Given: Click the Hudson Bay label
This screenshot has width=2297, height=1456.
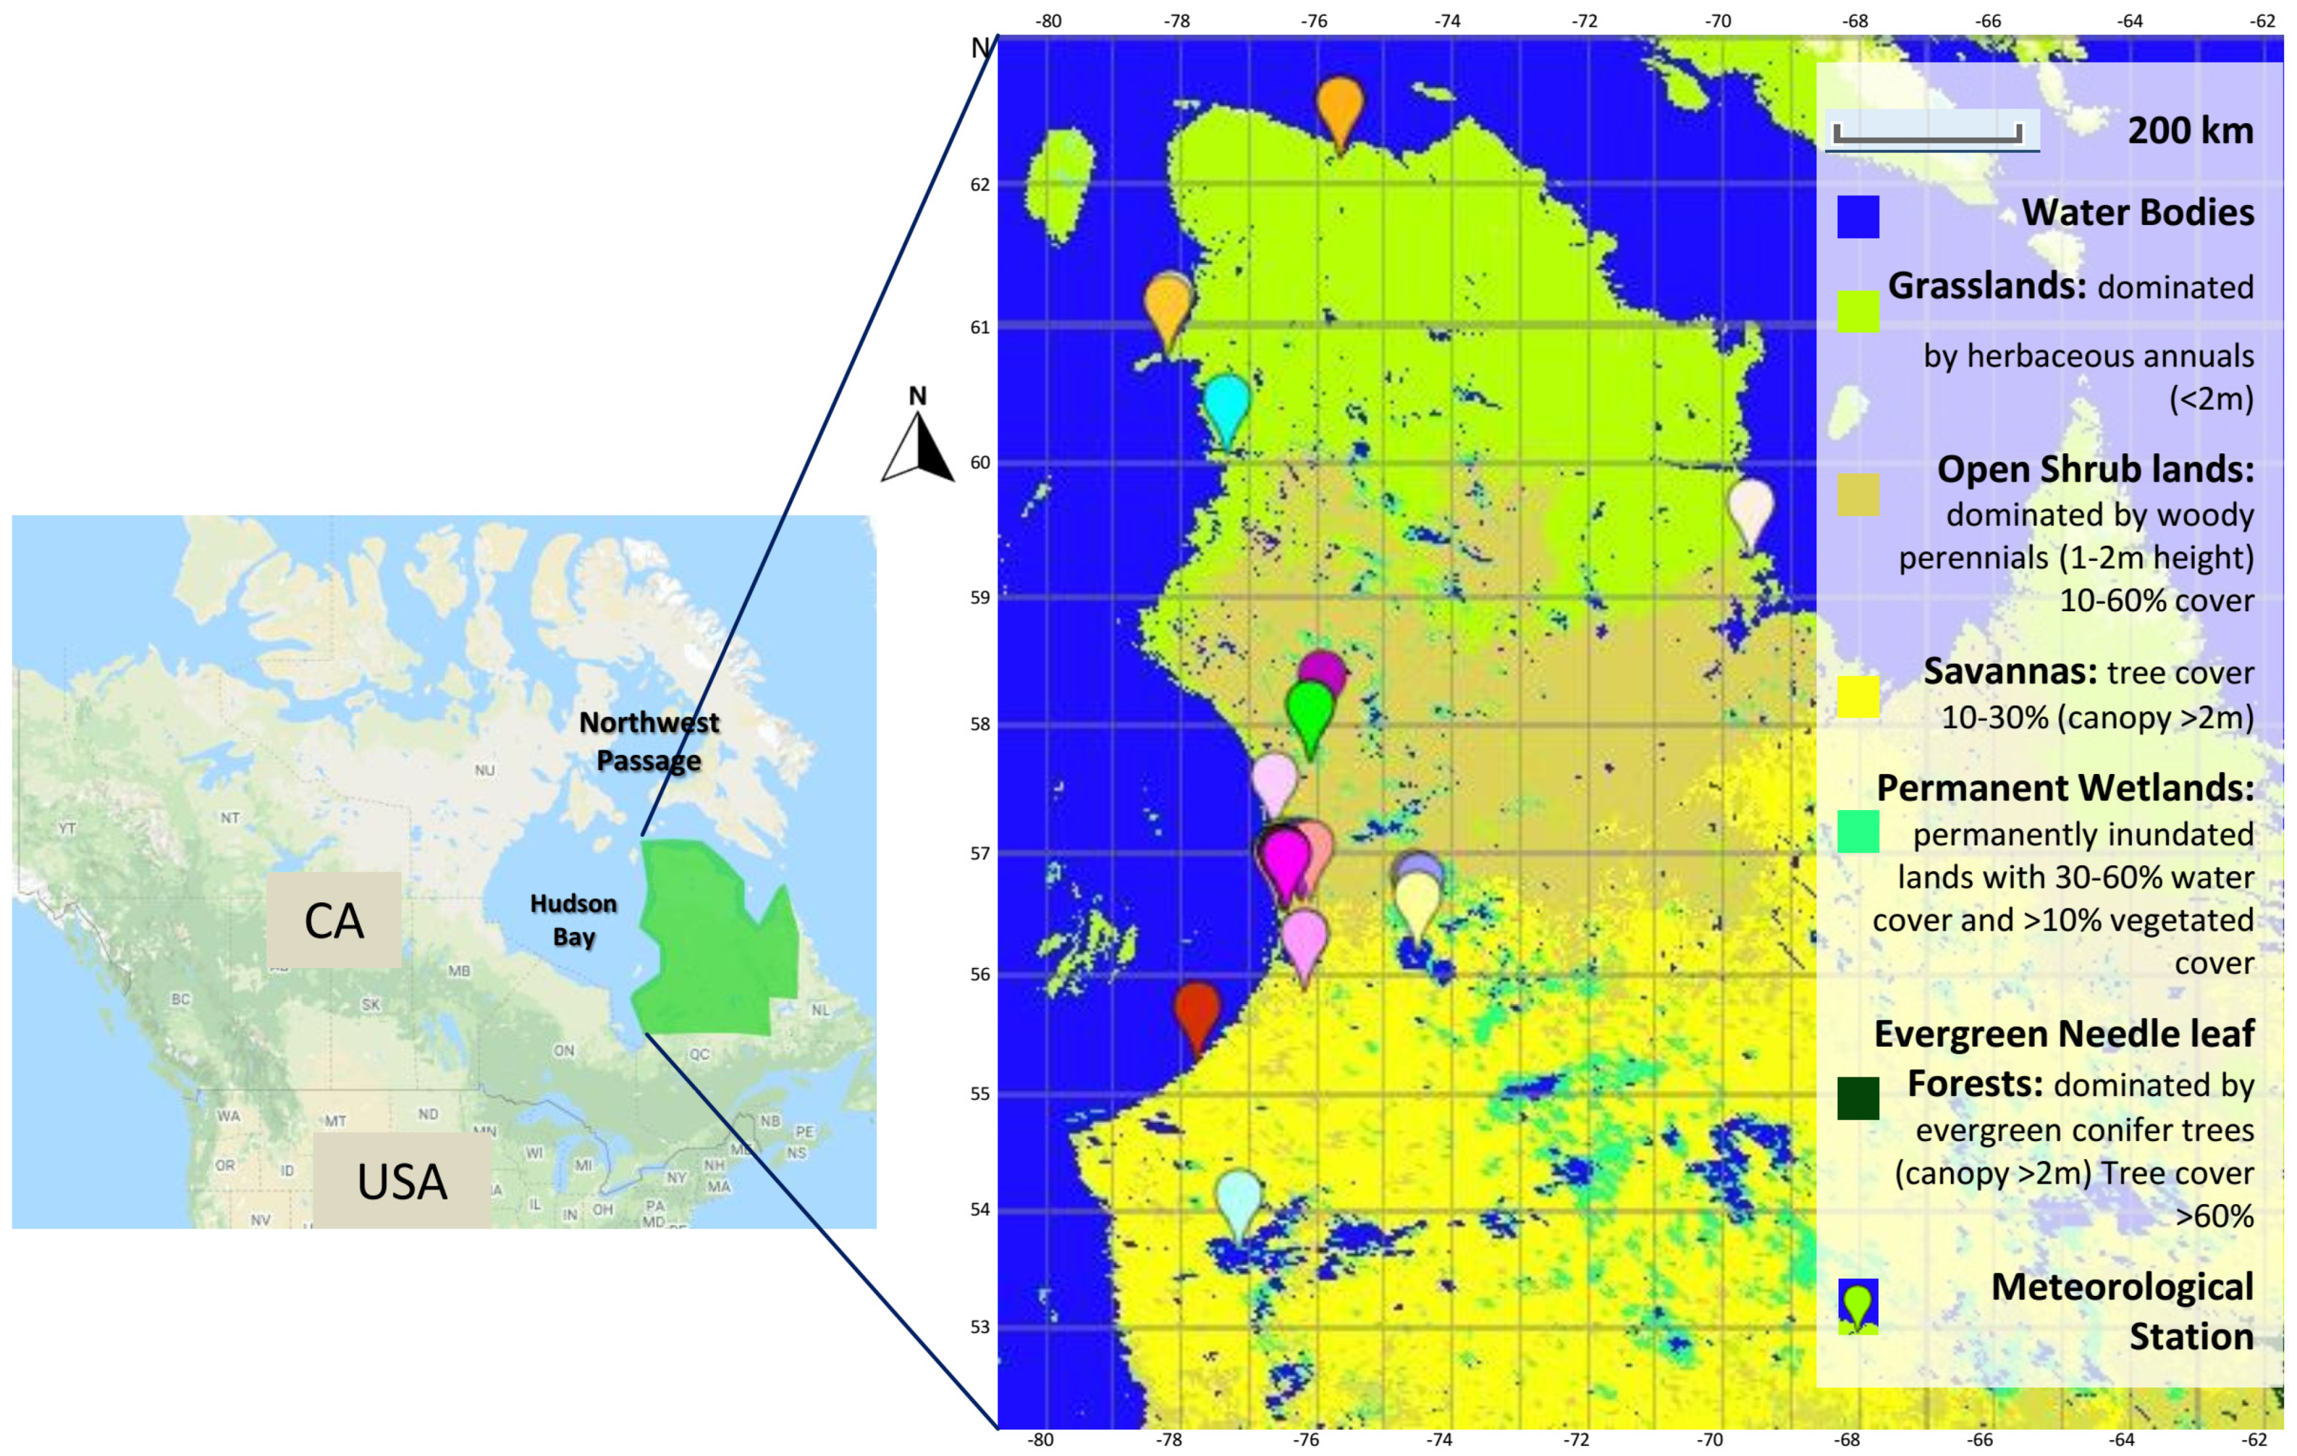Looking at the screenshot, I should (x=574, y=920).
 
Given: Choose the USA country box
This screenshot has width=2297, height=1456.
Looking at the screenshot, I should (x=402, y=1181).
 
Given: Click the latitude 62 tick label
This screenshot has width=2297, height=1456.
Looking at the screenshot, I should (x=979, y=185).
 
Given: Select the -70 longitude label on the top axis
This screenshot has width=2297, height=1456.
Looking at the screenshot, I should (x=1718, y=21).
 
